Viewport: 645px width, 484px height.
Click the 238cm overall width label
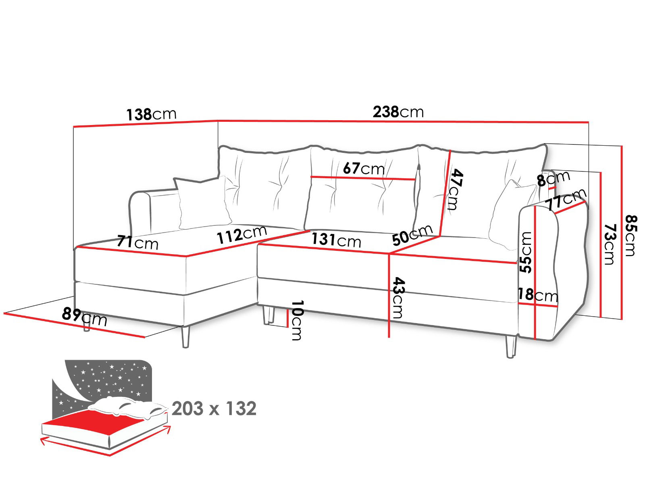pos(398,112)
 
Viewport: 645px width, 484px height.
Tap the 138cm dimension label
pos(151,114)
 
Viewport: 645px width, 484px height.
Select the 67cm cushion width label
pos(364,168)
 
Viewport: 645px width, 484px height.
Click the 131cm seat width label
pos(336,240)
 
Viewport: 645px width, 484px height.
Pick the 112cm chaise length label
pos(241,235)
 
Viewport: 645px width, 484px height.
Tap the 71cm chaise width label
pos(137,243)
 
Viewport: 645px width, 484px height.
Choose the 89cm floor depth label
pos(85,317)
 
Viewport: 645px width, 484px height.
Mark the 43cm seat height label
pos(397,298)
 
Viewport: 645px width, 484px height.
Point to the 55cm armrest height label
pos(526,252)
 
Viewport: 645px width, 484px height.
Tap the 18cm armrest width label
pos(538,295)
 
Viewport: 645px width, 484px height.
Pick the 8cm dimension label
pos(553,178)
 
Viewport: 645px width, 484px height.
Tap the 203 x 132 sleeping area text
pos(214,409)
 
